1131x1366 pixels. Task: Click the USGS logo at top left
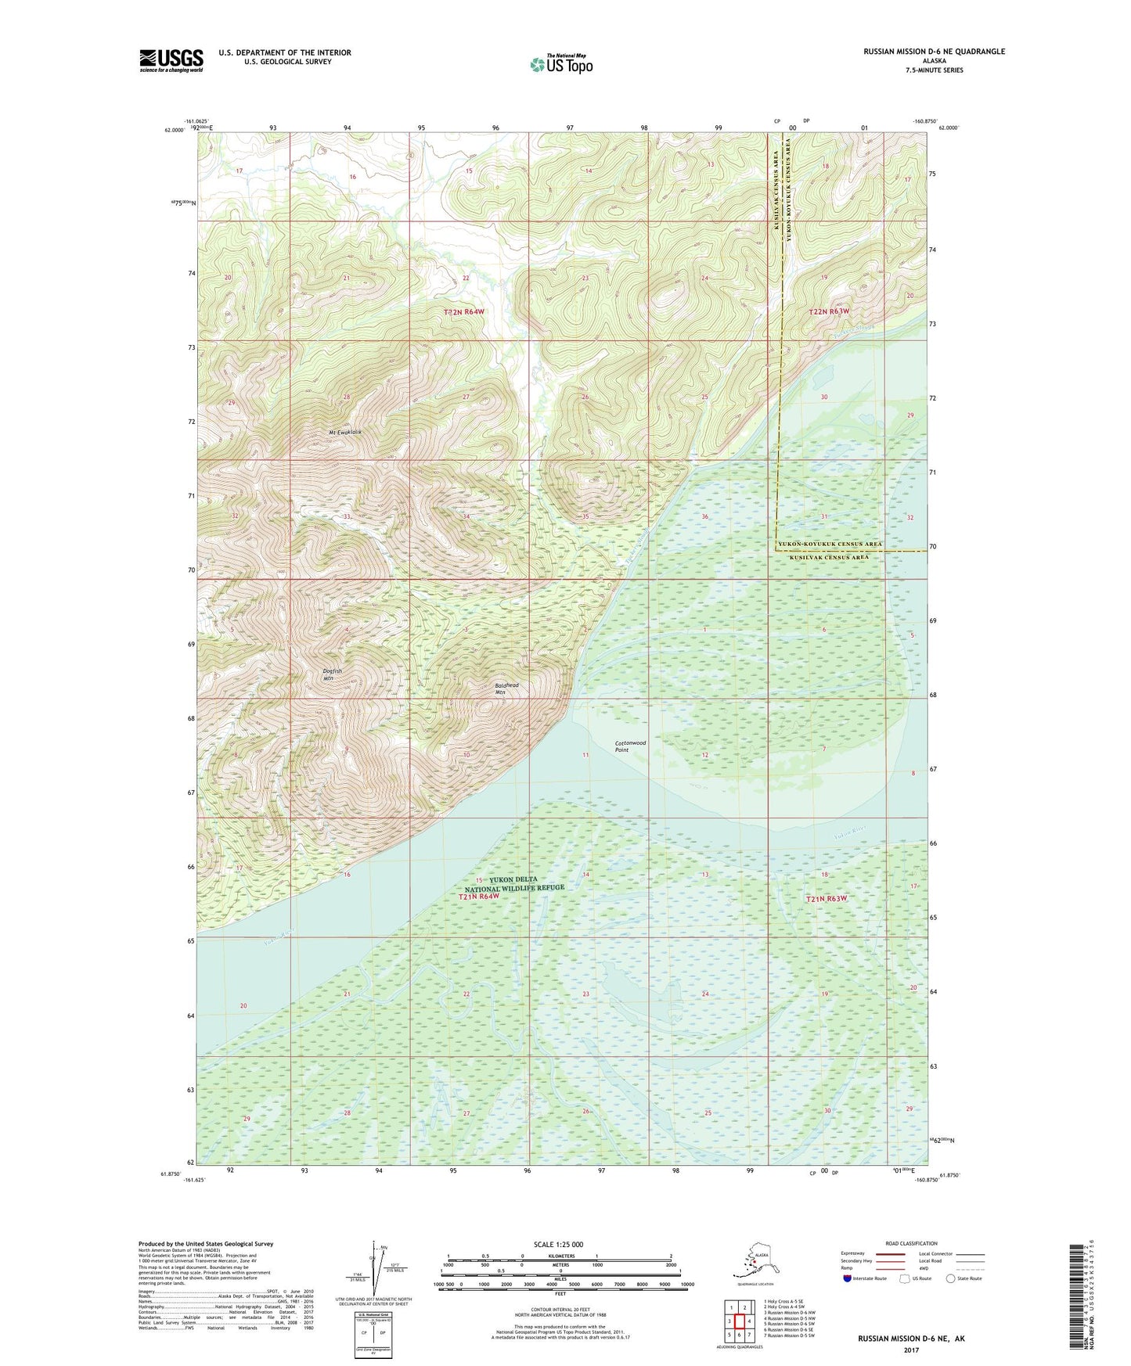tap(171, 60)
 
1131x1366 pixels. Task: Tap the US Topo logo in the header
tap(560, 64)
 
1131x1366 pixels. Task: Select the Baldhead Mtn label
tap(506, 688)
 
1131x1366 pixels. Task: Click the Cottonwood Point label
tap(630, 746)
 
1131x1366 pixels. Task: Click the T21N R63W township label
tap(827, 899)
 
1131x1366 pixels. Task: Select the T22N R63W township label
tap(828, 311)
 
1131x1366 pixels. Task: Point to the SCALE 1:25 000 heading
tap(559, 1244)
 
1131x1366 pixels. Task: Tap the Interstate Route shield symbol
tap(848, 1278)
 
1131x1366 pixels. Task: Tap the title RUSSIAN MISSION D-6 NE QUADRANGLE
tap(934, 52)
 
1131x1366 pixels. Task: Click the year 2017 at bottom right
tap(911, 1350)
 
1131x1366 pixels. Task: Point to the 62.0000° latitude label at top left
tap(175, 131)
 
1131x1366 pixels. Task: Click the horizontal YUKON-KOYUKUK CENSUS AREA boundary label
tap(829, 544)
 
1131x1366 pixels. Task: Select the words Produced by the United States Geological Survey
tap(206, 1243)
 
